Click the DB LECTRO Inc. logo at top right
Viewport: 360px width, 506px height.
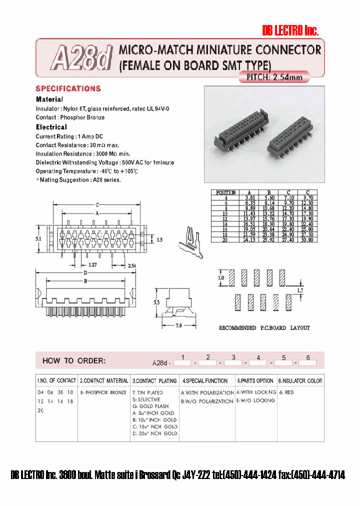(290, 31)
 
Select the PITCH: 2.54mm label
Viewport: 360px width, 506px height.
(274, 77)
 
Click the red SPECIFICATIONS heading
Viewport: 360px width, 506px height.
(68, 88)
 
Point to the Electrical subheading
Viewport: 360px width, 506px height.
(51, 127)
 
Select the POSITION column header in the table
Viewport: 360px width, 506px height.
(225, 192)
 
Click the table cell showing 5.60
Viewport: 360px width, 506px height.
(268, 197)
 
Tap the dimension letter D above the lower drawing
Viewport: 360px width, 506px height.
(86, 273)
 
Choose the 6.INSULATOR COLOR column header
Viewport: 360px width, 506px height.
(300, 381)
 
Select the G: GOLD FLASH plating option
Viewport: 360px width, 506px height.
(150, 406)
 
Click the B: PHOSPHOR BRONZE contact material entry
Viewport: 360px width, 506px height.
(103, 393)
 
